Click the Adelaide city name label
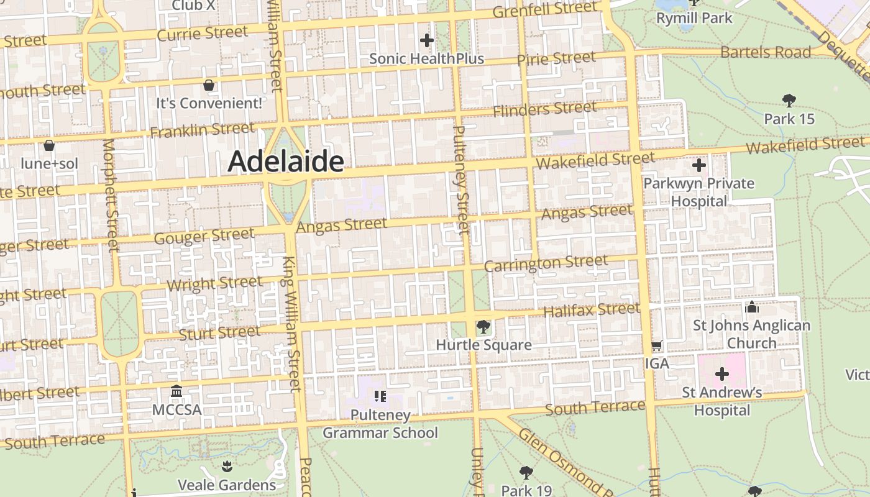point(285,162)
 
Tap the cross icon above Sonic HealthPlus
point(426,41)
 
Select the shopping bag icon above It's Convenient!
point(209,84)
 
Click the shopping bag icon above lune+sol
point(49,145)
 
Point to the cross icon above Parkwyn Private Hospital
point(698,165)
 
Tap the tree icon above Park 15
point(789,100)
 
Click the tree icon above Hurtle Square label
point(483,326)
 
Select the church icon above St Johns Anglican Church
point(751,307)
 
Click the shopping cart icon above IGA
point(657,345)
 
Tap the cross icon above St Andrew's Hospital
point(721,374)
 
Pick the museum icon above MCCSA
point(176,391)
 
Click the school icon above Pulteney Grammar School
point(380,396)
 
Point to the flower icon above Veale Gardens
point(227,466)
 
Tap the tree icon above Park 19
point(526,472)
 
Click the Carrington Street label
point(546,263)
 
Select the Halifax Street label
point(591,309)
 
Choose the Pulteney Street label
point(461,180)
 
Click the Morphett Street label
point(110,195)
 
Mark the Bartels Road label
point(766,52)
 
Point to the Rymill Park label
point(694,18)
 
